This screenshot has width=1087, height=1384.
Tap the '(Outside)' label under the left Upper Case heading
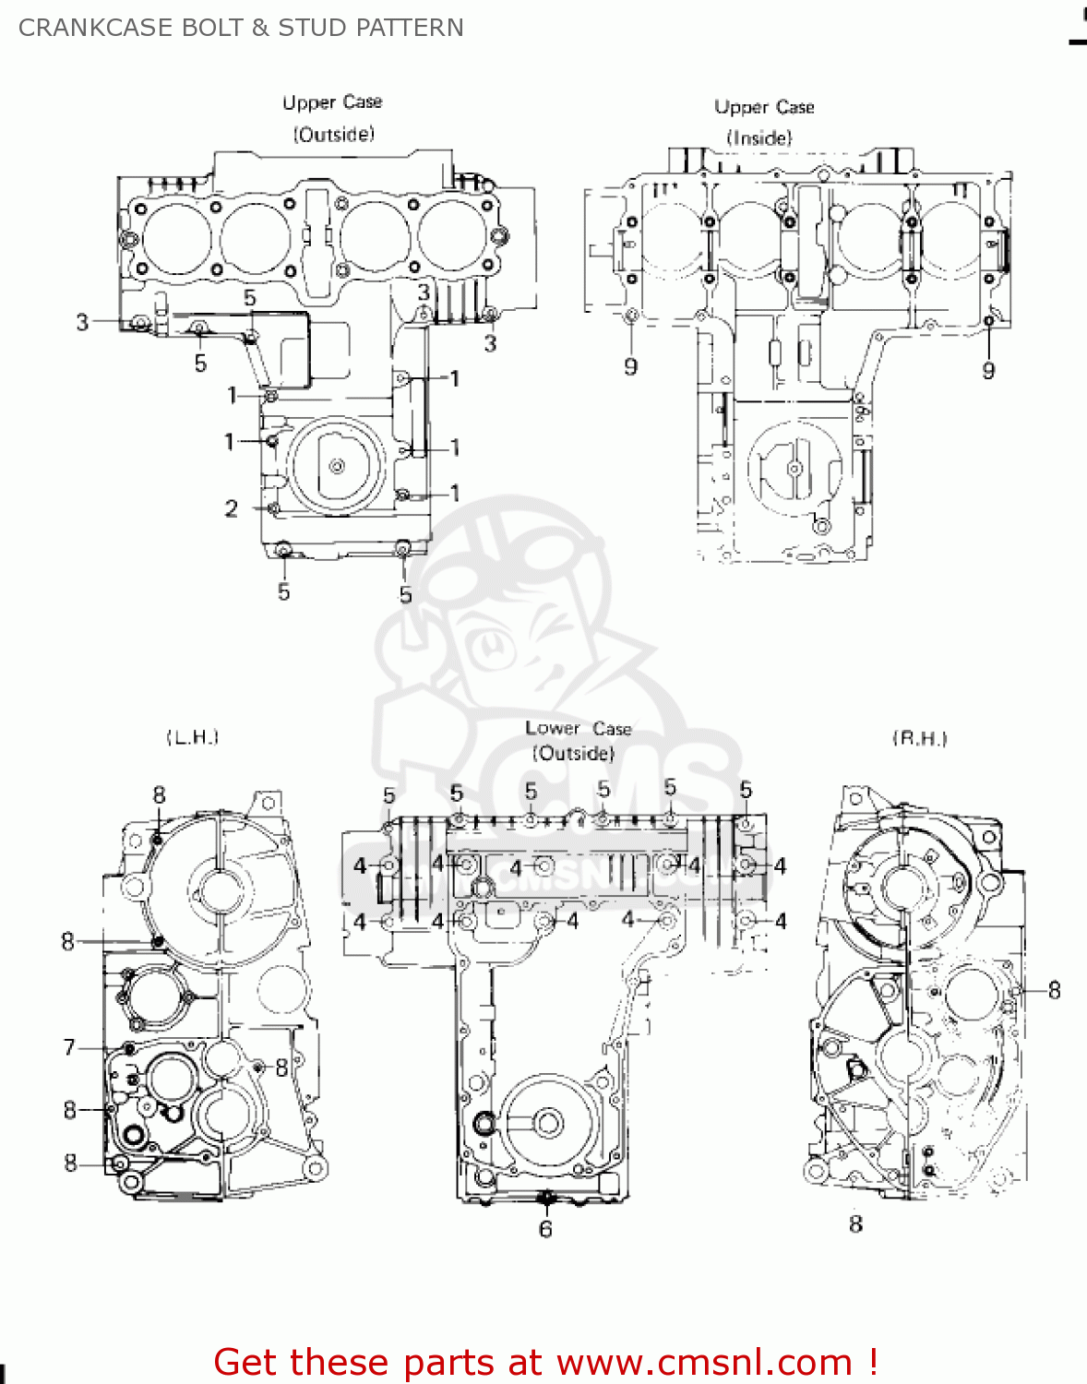point(334,135)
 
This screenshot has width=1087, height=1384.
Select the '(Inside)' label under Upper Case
point(759,138)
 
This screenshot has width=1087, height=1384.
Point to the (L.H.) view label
point(192,737)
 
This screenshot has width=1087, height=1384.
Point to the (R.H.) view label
point(920,738)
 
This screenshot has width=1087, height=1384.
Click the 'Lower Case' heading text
point(578,728)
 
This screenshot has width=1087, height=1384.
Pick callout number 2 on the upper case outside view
point(231,508)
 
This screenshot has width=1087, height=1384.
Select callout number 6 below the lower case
point(545,1229)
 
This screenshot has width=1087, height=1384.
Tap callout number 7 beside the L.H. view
point(69,1047)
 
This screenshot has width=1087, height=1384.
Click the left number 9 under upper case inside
point(630,367)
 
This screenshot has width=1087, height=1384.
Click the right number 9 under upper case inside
point(988,371)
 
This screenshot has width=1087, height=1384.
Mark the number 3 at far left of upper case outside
point(82,322)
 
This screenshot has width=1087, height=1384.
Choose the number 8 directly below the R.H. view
point(855,1224)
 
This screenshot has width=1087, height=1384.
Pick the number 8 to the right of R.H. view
point(1054,991)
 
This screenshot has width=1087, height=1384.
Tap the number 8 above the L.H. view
point(159,795)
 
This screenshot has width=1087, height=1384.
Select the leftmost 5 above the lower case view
point(388,795)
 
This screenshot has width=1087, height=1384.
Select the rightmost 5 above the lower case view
point(746,790)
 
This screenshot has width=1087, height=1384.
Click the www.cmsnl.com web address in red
point(704,1363)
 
